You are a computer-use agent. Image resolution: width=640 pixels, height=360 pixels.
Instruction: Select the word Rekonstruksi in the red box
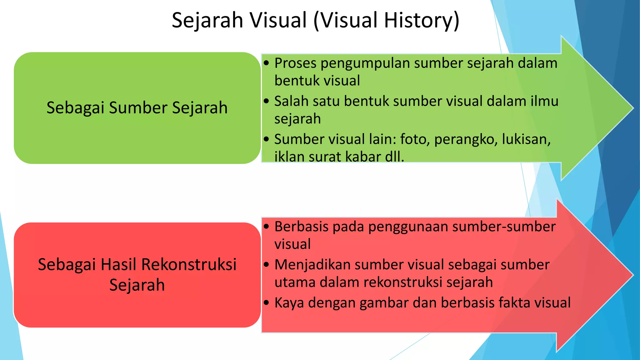click(189, 265)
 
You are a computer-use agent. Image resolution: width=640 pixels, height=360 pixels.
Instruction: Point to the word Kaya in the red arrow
click(289, 303)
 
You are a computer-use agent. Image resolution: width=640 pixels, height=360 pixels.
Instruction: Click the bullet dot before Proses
click(266, 63)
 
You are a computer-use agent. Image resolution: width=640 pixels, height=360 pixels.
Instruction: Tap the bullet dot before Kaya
click(266, 303)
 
